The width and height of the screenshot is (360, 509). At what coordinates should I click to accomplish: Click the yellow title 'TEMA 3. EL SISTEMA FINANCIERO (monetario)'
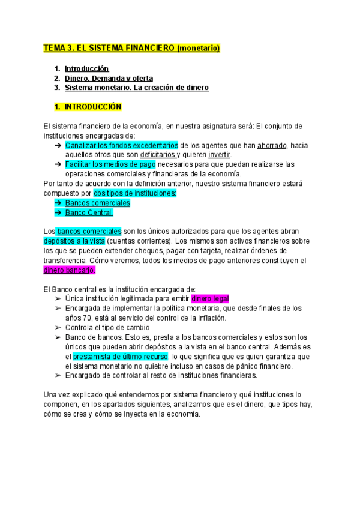[132, 47]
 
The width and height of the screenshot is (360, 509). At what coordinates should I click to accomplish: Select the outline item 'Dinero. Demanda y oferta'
[109, 78]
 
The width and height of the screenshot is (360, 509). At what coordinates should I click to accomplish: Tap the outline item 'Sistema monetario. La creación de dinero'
[137, 88]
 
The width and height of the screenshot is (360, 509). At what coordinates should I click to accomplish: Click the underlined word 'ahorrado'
[272, 145]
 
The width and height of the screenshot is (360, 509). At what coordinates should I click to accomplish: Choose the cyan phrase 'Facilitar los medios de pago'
[110, 164]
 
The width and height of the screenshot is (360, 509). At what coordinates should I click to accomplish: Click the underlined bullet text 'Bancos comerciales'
[98, 203]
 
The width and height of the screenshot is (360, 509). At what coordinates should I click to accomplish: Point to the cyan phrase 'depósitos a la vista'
[74, 241]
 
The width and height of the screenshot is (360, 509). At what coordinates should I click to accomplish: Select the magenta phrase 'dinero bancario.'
[70, 270]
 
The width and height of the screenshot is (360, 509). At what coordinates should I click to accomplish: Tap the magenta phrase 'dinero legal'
[210, 299]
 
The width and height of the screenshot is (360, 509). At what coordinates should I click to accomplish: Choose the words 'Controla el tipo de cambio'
[108, 328]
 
